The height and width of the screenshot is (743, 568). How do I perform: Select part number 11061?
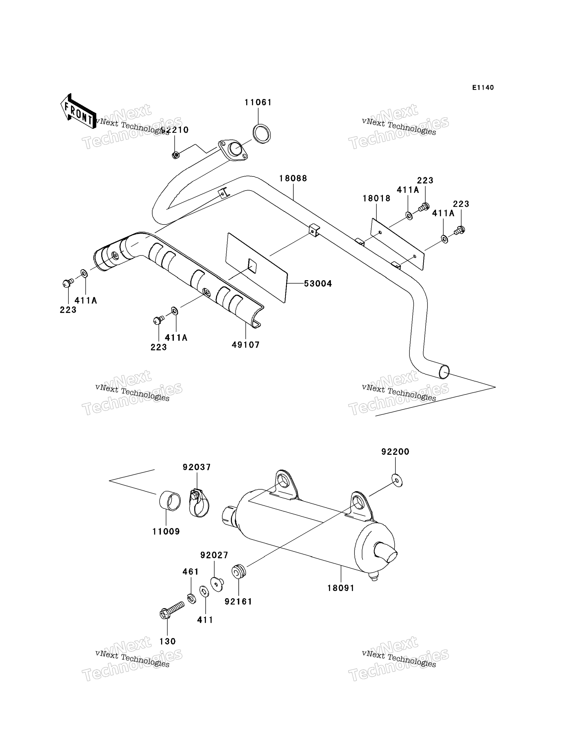click(x=258, y=102)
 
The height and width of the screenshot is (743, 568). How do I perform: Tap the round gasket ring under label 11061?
click(x=261, y=134)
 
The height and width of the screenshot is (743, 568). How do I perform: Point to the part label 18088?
click(x=293, y=179)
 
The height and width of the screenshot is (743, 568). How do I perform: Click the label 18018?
click(x=376, y=198)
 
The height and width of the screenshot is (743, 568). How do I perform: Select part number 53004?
click(x=318, y=284)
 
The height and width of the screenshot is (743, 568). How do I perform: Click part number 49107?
click(x=245, y=345)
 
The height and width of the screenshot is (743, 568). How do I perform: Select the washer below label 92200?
click(x=397, y=480)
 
